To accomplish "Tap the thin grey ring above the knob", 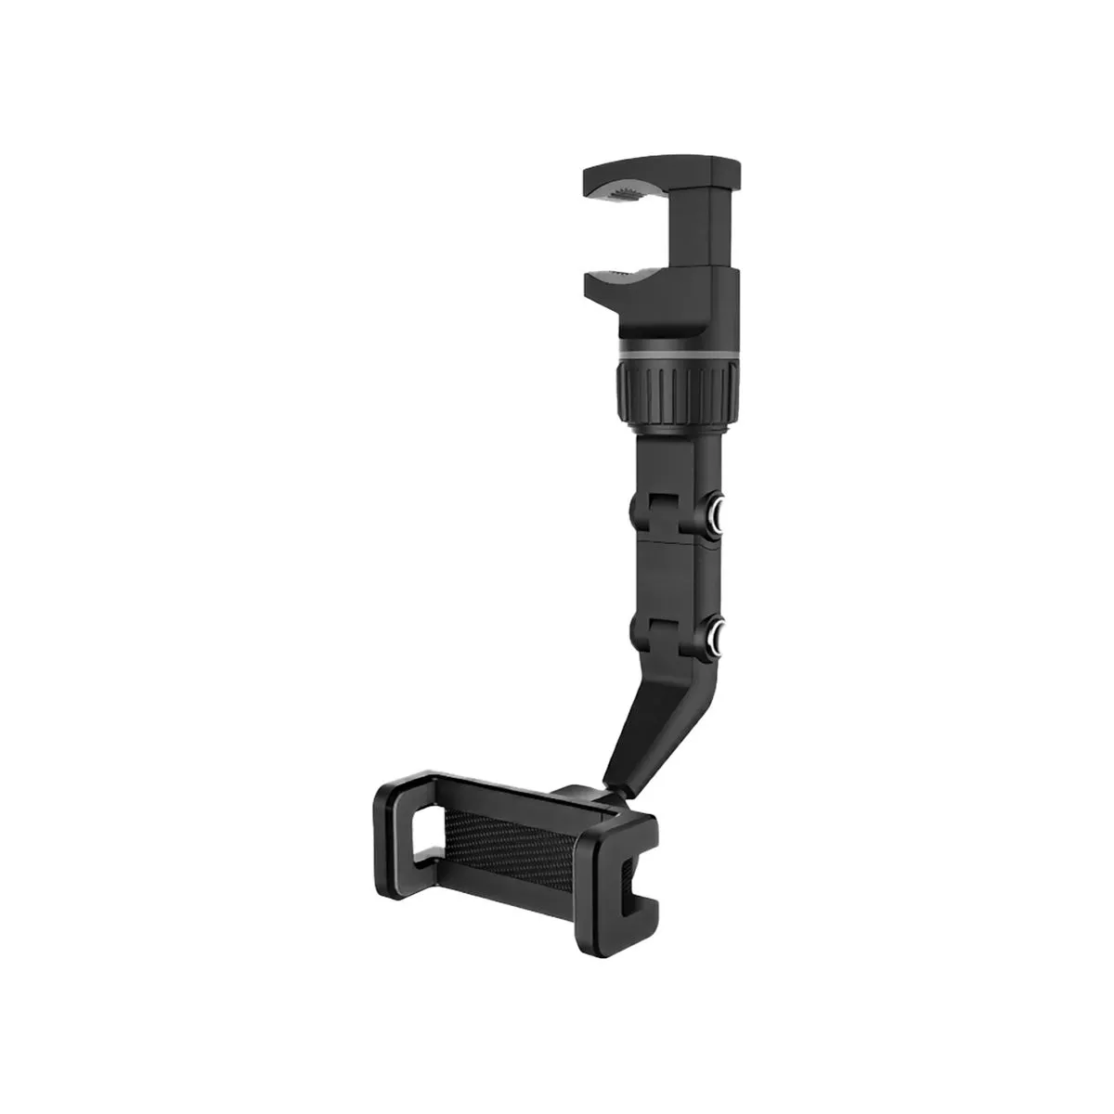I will coord(676,353).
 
